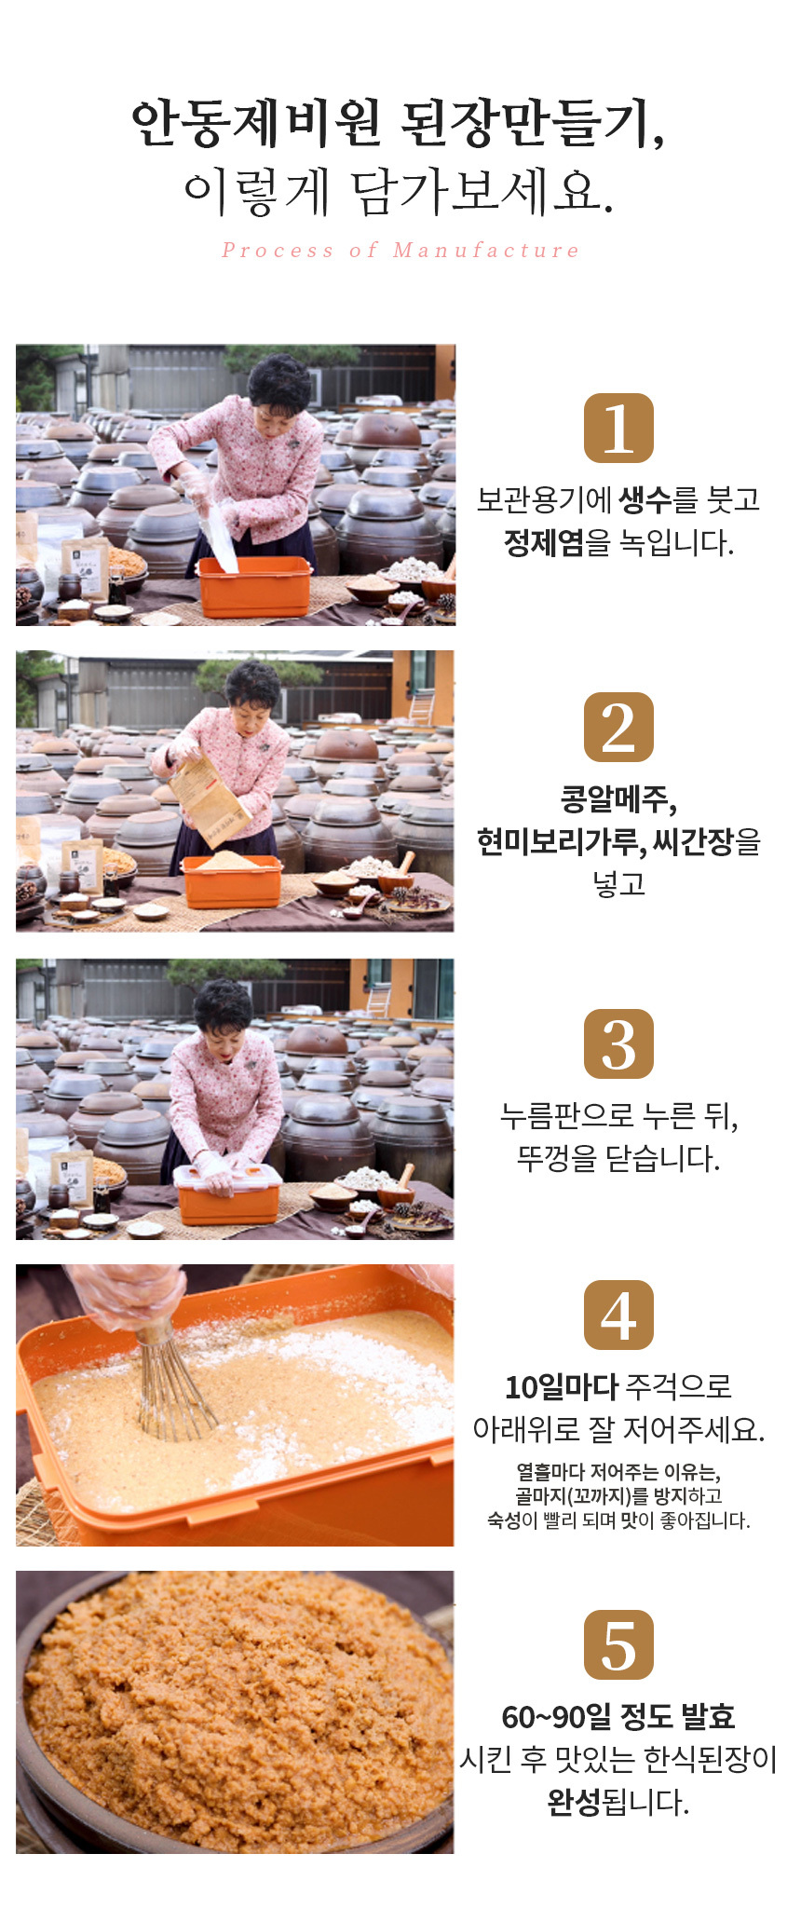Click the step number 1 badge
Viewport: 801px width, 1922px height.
click(618, 428)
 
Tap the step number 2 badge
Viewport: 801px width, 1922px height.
click(618, 727)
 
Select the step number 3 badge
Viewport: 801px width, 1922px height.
click(618, 1043)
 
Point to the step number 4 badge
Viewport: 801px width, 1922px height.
click(618, 1315)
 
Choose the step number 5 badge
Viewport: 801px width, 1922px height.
click(618, 1644)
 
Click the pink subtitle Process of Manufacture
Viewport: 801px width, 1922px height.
click(400, 250)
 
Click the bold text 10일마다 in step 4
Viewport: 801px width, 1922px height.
click(562, 1386)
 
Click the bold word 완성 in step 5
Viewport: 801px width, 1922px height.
click(574, 1802)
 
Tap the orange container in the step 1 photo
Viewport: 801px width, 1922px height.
click(253, 587)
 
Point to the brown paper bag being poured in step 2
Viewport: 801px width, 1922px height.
click(210, 798)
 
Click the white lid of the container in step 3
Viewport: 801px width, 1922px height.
click(227, 1176)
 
